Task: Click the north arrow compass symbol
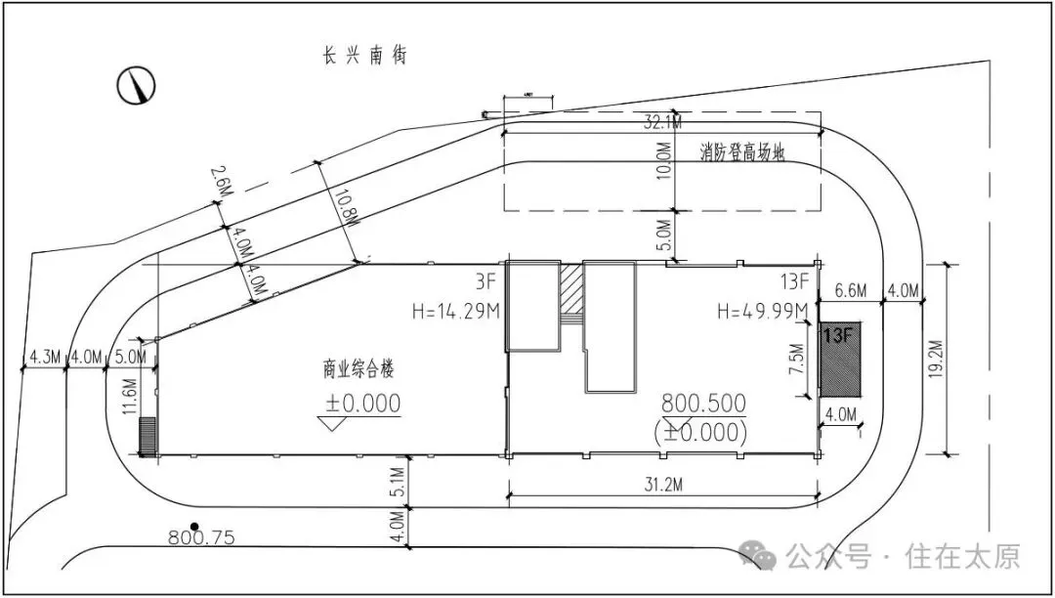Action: click(x=138, y=85)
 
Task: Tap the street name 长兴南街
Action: click(x=364, y=56)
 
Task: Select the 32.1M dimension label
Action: click(x=662, y=123)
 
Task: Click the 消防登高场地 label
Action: click(x=742, y=152)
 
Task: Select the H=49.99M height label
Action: click(x=762, y=312)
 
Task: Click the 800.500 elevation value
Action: click(x=703, y=403)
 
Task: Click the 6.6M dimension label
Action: click(x=853, y=290)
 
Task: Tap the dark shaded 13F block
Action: click(x=840, y=361)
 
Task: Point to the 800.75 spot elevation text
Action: click(x=201, y=537)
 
